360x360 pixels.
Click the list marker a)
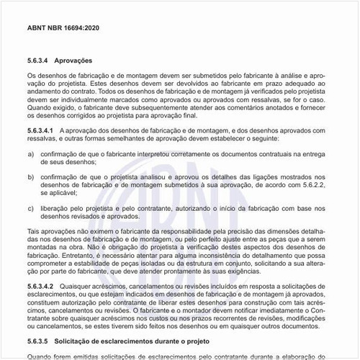(x=30, y=153)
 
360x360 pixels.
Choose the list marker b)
(x=30, y=176)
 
